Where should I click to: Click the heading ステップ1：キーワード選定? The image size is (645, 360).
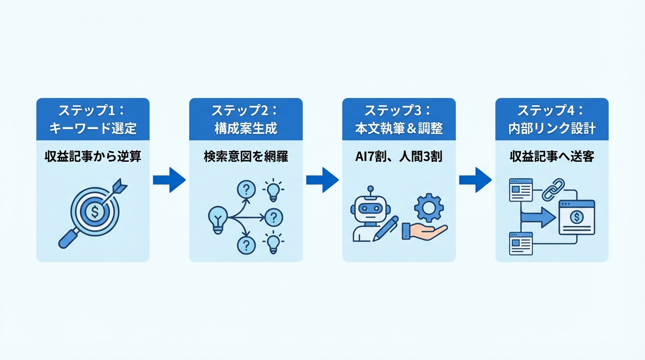(93, 119)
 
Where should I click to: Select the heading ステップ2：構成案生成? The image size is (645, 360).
(246, 119)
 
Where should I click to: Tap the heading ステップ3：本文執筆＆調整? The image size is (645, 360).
(398, 119)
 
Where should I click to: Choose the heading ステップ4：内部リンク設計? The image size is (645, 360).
(552, 119)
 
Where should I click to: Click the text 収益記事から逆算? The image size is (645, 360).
(93, 157)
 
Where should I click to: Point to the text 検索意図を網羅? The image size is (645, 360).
(246, 157)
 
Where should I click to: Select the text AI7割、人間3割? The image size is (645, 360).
(398, 157)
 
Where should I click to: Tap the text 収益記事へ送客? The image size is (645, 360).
(552, 157)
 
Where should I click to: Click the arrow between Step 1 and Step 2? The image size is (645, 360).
(169, 180)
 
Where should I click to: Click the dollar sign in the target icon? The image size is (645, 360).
(95, 212)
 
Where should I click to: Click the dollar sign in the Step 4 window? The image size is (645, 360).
(577, 217)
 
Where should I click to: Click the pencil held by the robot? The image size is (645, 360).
(385, 228)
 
